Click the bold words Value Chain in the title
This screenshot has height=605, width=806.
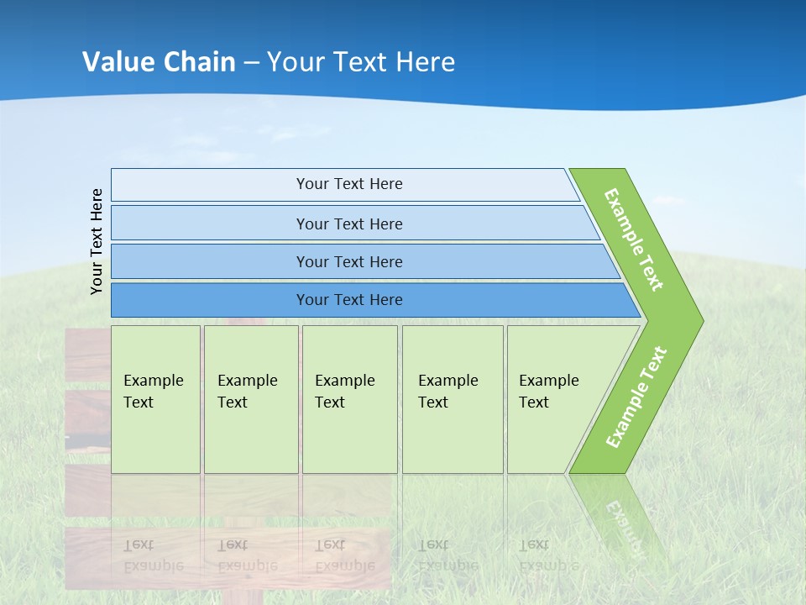tap(159, 61)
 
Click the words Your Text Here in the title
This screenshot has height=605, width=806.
tap(361, 61)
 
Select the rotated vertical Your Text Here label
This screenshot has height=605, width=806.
tap(97, 241)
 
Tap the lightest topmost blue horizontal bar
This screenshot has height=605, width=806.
tap(345, 184)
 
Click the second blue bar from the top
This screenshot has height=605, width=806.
tap(355, 223)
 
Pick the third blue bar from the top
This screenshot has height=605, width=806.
tap(365, 261)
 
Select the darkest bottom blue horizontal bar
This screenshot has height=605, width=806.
tap(376, 300)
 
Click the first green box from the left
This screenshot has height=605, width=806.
tap(156, 399)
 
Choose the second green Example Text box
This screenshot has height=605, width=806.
tap(251, 399)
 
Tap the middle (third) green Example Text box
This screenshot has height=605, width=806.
tap(350, 399)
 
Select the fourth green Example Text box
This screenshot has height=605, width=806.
tap(453, 399)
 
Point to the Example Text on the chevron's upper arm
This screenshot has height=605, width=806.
tap(634, 239)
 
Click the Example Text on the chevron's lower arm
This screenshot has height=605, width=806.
tap(636, 397)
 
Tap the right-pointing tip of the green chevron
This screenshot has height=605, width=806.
tap(703, 321)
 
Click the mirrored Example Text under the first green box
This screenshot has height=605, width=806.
tap(153, 555)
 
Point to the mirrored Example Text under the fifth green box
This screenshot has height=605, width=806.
tap(549, 555)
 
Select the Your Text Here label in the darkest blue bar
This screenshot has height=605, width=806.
tap(349, 299)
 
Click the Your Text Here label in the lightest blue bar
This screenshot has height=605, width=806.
tap(349, 184)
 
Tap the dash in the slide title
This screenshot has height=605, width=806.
tap(251, 63)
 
